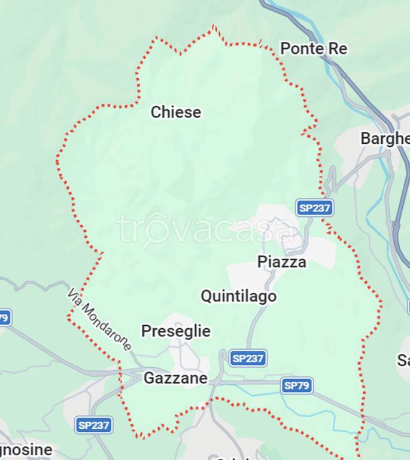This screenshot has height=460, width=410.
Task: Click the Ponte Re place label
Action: pos(314,49)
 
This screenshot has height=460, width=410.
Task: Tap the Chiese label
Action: pos(176,112)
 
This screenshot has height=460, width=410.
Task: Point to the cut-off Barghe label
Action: pos(384,139)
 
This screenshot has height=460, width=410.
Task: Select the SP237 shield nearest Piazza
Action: pos(314,208)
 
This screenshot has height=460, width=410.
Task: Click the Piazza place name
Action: pos(282,262)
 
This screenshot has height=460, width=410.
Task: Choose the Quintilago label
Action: pos(238,296)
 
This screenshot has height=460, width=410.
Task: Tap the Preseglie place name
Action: pos(176,331)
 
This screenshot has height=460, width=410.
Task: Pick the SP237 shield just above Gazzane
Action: pos(248,358)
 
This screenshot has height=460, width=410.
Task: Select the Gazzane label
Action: pos(175,379)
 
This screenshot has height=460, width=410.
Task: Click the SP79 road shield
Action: pos(297,385)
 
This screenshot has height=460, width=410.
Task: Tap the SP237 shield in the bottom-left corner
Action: pos(94,425)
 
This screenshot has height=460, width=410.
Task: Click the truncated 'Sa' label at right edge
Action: pos(403,361)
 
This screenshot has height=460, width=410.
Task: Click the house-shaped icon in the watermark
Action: pos(156,228)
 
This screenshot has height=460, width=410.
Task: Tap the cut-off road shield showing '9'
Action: pos(4,317)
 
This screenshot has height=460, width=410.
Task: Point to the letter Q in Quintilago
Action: pos(206,296)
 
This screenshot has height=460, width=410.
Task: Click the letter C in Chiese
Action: pos(156,112)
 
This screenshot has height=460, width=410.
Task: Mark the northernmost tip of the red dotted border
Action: pos(214,26)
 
